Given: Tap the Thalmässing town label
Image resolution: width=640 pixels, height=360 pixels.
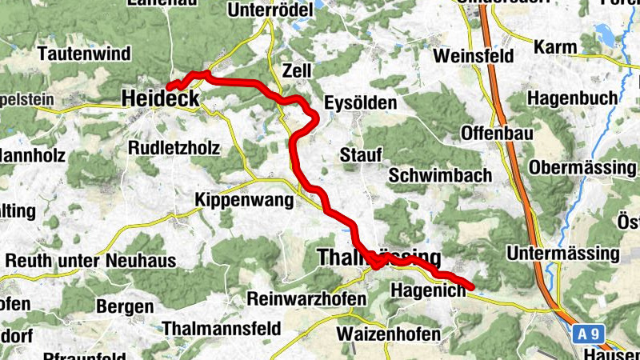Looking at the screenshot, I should [x=379, y=258].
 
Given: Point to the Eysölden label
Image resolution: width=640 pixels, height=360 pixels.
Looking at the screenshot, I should [x=360, y=103].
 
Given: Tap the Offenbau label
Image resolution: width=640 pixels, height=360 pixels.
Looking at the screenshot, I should [x=493, y=132].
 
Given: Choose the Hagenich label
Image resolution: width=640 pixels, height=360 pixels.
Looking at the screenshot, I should [x=428, y=292].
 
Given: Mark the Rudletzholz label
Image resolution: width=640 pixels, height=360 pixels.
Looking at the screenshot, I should [x=174, y=148].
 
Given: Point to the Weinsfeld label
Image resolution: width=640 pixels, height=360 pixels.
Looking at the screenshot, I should [x=473, y=57].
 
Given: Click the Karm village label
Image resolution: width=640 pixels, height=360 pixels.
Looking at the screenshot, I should [x=554, y=47].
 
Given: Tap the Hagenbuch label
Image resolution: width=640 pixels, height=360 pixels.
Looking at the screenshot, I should [x=573, y=98].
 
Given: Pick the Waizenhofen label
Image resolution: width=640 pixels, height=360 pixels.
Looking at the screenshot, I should [x=389, y=334].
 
